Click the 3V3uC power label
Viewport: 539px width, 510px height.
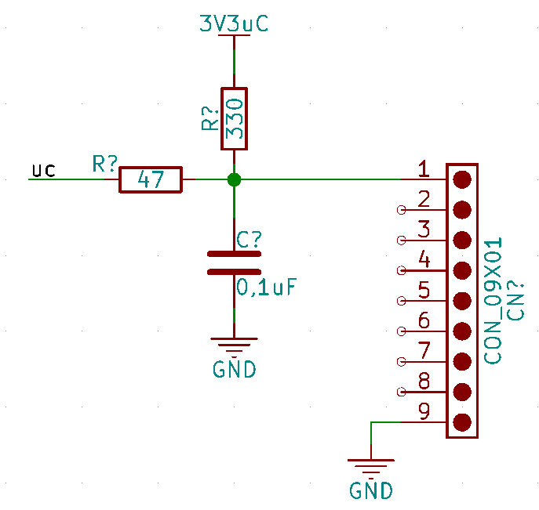coord(234,24)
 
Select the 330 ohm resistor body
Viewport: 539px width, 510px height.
coord(234,119)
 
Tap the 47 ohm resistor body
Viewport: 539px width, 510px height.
coord(151,180)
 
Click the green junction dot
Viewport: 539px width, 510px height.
coord(234,179)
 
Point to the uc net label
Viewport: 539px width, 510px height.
coord(44,171)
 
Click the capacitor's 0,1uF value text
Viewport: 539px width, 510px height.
coord(267,287)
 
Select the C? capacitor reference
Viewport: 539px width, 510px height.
coord(249,240)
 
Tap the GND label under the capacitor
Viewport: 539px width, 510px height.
coord(235,369)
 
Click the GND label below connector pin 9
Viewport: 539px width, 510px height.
coord(371,490)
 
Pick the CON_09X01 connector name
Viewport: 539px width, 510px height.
coord(493,300)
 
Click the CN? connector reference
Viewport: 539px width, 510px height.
coord(515,302)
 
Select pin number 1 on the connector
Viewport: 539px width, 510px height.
coord(424,168)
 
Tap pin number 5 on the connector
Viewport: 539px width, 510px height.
coord(424,290)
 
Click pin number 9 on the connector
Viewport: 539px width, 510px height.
coord(424,411)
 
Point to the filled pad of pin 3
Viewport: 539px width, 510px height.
coord(462,240)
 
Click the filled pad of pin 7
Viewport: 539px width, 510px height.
coord(462,361)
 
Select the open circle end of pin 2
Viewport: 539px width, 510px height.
coord(401,210)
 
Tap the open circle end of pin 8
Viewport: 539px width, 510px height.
coord(401,392)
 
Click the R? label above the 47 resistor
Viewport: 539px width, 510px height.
coord(105,164)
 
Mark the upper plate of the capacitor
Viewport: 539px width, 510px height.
coord(234,254)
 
